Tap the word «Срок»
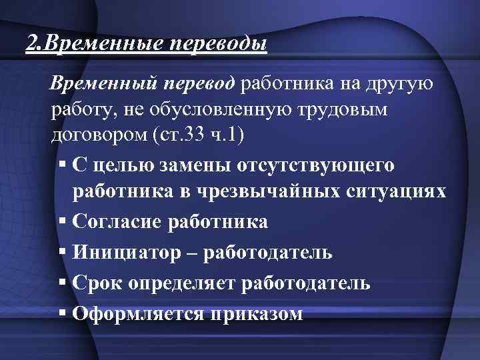94,283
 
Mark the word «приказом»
254,313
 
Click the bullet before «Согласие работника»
61,221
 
